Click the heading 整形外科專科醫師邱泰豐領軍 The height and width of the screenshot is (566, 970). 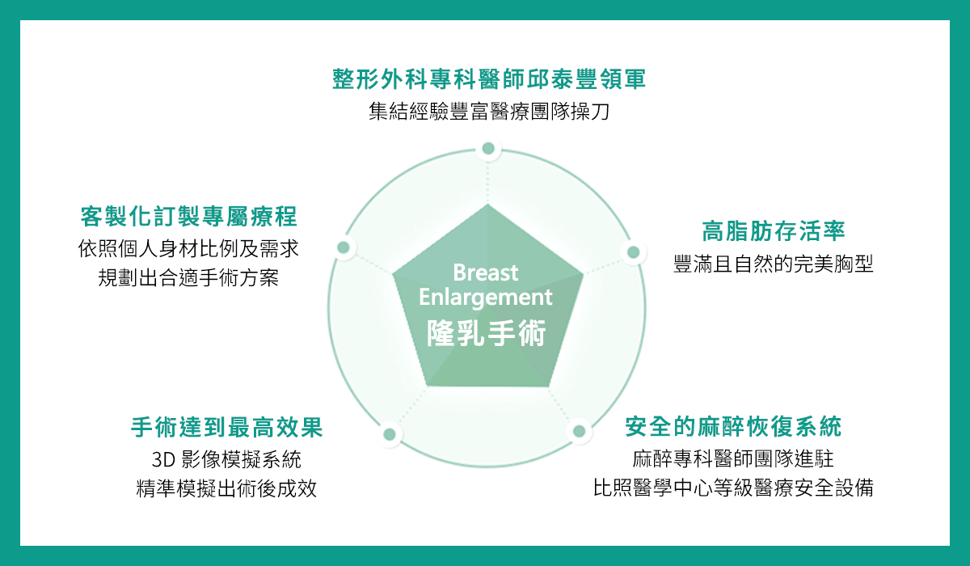(x=489, y=79)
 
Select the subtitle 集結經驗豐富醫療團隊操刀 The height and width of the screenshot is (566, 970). (x=489, y=112)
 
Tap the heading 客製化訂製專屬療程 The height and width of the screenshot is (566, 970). (x=189, y=216)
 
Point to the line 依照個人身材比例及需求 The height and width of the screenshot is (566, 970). (x=188, y=248)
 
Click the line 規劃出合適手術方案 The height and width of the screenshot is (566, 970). (x=188, y=277)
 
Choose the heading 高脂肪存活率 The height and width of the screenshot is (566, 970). (x=774, y=230)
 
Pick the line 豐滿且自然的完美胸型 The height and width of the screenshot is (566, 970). (x=774, y=264)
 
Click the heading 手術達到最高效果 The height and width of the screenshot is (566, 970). (x=227, y=427)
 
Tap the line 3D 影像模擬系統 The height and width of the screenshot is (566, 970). (x=226, y=459)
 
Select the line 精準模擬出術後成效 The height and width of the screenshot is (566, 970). (x=226, y=488)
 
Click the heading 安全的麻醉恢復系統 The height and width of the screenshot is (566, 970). (x=733, y=427)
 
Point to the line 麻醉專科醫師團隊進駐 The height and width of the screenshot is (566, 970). (x=733, y=459)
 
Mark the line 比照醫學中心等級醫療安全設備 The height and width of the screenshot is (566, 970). (x=733, y=488)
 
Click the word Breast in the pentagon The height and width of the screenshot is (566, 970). (x=486, y=272)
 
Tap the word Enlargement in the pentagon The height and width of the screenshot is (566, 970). (x=486, y=298)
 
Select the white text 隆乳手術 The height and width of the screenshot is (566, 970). (x=487, y=333)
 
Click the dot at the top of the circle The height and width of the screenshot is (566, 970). (x=488, y=149)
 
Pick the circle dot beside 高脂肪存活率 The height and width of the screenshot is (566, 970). (x=634, y=252)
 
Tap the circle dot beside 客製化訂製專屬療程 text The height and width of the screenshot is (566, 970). (x=344, y=247)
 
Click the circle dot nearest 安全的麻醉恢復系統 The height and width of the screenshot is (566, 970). (x=580, y=431)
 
